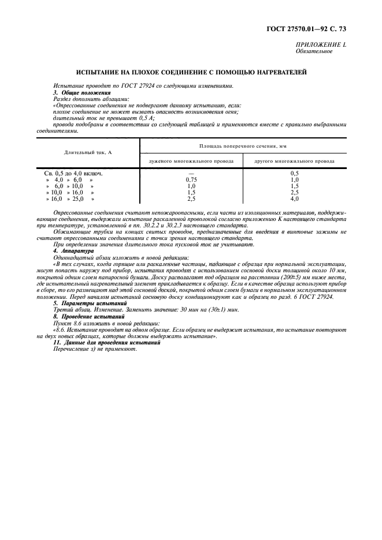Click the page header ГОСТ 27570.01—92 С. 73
[x=314, y=28]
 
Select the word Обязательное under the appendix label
[x=314, y=51]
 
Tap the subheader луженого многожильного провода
[x=191, y=161]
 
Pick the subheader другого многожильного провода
[x=294, y=161]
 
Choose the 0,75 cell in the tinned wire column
[x=191, y=179]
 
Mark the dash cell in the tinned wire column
[x=191, y=173]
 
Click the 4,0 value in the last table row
[x=294, y=198]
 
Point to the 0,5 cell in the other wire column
[x=294, y=173]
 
